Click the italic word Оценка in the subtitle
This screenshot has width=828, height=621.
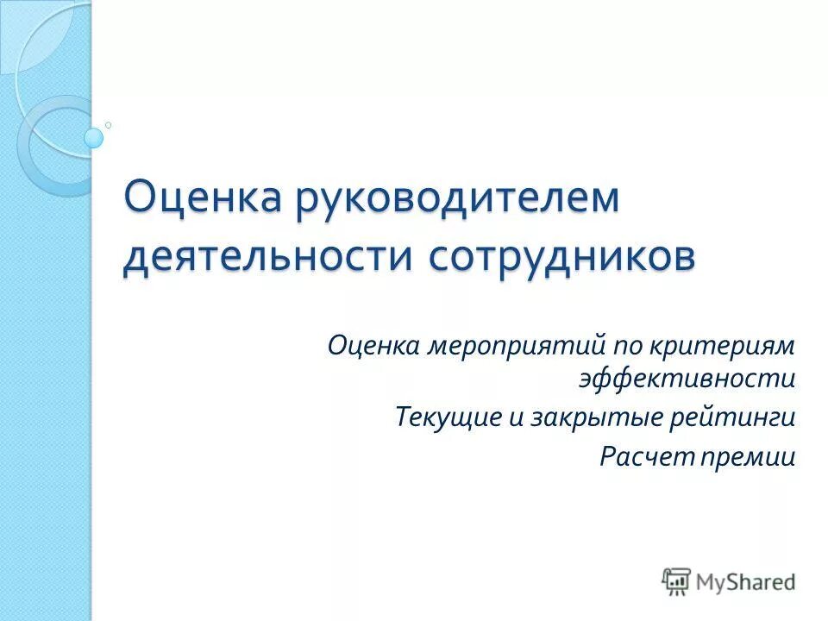tap(373, 347)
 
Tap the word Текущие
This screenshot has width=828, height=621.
tap(448, 418)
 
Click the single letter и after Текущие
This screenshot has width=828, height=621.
tap(517, 418)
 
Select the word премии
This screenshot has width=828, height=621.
tap(750, 456)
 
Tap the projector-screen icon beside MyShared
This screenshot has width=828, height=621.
tap(676, 580)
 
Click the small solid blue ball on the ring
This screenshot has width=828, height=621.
tap(94, 137)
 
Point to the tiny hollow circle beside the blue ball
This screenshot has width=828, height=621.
tap(109, 125)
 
